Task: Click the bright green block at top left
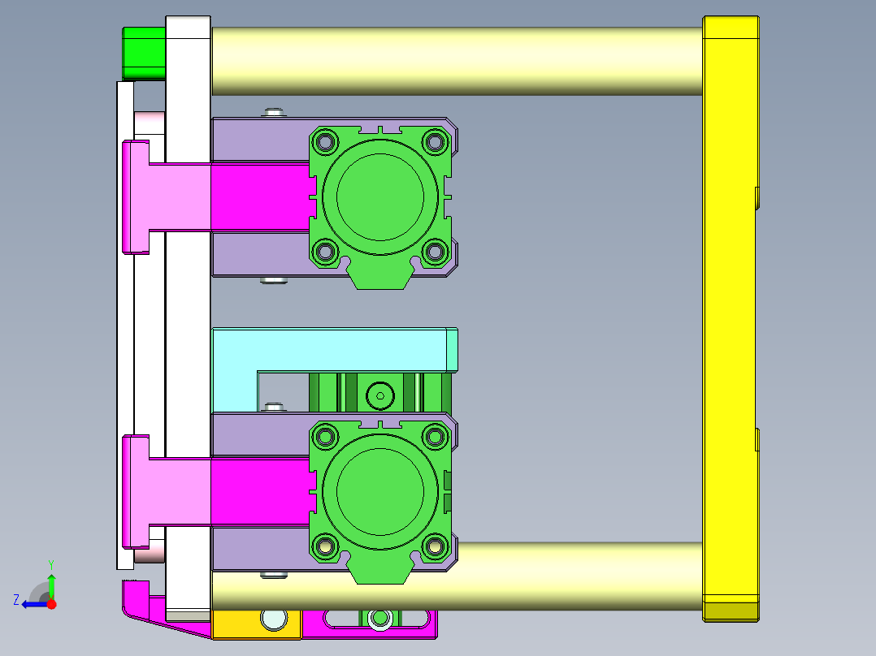click(144, 53)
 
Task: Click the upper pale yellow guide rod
click(455, 61)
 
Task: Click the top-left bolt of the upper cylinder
click(326, 142)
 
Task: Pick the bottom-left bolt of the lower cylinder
click(326, 547)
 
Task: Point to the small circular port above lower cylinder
click(379, 396)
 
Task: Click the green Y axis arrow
click(51, 583)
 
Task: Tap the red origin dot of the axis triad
click(51, 604)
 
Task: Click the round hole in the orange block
click(275, 620)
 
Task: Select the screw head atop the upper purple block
click(273, 112)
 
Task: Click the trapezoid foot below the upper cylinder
click(379, 278)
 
